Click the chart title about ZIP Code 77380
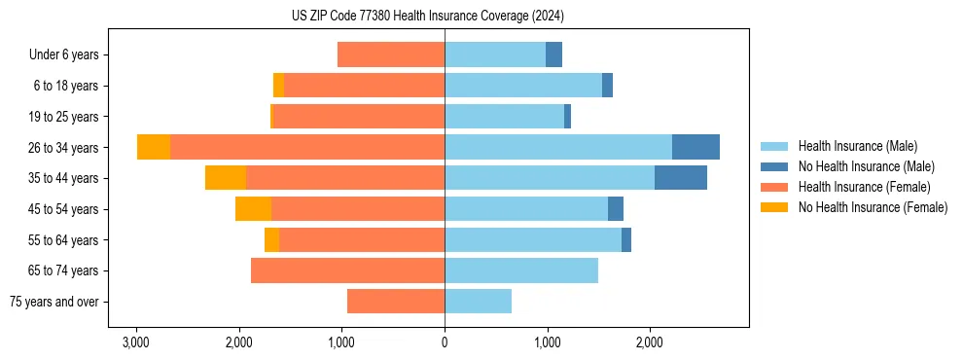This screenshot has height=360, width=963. [x=427, y=17]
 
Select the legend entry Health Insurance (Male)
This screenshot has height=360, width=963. [x=857, y=146]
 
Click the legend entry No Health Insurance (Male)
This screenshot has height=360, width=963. [x=866, y=166]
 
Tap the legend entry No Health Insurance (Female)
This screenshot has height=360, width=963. [x=873, y=207]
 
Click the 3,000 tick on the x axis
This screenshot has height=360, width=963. [x=136, y=342]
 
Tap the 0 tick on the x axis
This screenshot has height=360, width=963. [x=445, y=342]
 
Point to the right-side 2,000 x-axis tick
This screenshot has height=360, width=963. [x=650, y=342]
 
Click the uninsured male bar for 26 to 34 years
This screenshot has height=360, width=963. [x=695, y=147]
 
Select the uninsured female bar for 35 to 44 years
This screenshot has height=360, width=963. [x=226, y=178]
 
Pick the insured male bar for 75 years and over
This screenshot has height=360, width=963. [x=478, y=302]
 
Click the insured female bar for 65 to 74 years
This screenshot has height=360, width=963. [x=347, y=270]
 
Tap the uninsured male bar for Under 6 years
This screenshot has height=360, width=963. [x=553, y=54]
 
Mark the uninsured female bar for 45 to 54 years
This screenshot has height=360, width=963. [x=253, y=209]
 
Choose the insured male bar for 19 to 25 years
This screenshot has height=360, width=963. [x=504, y=117]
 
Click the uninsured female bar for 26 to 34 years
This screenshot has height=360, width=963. [x=154, y=147]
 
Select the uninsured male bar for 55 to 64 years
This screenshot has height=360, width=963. [x=626, y=239]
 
